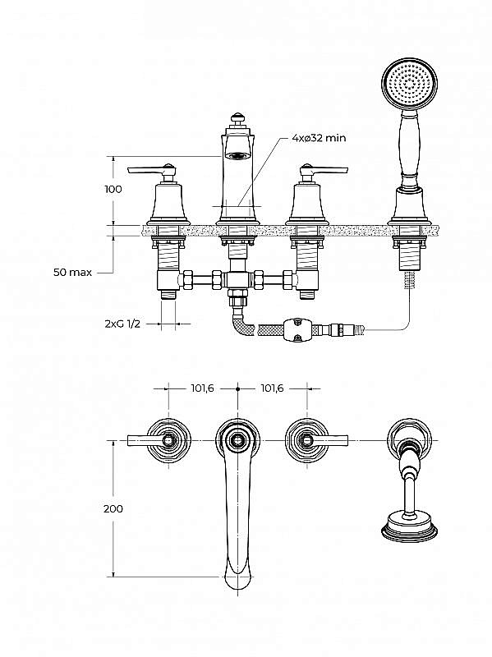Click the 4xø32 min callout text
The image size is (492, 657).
click(319, 137)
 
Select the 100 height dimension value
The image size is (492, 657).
click(113, 189)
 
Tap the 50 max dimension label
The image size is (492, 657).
click(72, 272)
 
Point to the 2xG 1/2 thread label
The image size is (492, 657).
click(122, 324)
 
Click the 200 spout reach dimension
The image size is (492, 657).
click(113, 508)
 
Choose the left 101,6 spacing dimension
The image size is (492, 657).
click(202, 388)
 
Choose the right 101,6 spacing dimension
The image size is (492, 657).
click(272, 388)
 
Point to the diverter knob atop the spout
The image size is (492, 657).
click(237, 118)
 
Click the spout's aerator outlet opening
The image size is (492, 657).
click(237, 155)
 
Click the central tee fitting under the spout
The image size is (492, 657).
click(237, 279)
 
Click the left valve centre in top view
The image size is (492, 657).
click(168, 440)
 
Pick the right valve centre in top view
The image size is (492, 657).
click(307, 440)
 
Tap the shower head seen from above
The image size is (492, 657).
click(409, 524)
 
